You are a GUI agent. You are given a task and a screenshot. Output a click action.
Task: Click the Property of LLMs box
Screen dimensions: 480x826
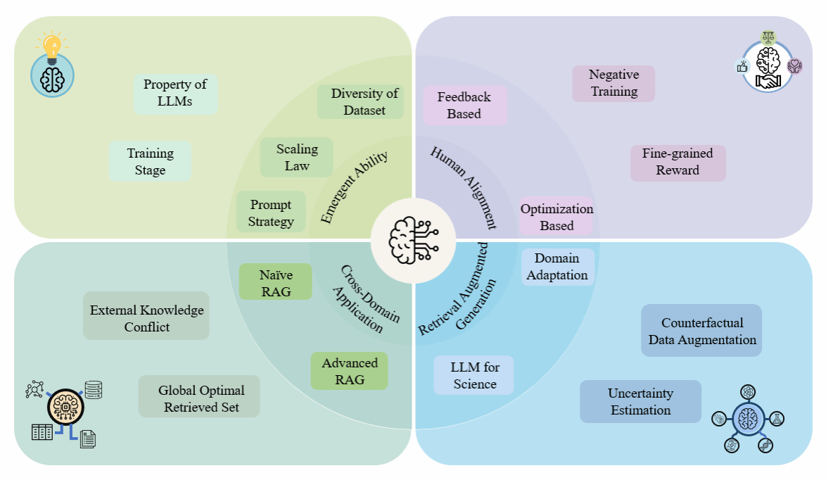coord(175,94)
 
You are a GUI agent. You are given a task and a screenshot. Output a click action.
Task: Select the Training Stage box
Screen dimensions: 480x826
coord(150,161)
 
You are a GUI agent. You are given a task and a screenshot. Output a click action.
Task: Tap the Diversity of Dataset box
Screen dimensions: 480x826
coord(360,102)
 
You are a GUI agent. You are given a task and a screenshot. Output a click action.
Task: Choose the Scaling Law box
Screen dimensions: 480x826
coord(296,158)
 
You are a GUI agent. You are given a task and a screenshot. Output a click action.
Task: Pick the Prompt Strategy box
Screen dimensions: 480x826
coord(271,213)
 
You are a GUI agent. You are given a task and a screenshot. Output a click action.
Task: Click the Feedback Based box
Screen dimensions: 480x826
coord(464,106)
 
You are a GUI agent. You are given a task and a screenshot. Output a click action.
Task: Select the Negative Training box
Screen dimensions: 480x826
coord(614,83)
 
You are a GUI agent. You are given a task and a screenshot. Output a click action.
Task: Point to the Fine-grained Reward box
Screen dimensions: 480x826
coord(678,162)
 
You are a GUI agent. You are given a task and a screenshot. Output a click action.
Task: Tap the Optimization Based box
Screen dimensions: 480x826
coord(557,217)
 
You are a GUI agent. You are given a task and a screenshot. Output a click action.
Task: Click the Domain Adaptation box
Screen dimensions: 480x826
coord(557,267)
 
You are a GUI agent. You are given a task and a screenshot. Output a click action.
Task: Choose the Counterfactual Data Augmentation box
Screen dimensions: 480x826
coord(701,331)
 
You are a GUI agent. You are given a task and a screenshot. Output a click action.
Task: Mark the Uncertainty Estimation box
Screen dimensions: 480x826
coord(640,401)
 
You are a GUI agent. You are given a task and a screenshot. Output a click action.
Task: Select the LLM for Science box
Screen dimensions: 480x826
coord(474,374)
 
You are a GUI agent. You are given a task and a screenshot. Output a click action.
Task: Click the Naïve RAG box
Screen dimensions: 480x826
coord(276,282)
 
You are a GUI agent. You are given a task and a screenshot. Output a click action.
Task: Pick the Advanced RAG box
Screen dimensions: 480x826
coord(350,371)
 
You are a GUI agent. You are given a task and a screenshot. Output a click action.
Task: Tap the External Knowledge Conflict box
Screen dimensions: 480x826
coord(146,318)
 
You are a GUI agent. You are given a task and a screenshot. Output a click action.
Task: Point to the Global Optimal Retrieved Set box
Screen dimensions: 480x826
coord(201,398)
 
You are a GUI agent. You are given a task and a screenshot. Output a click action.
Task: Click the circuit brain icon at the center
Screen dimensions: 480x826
coord(413,239)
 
